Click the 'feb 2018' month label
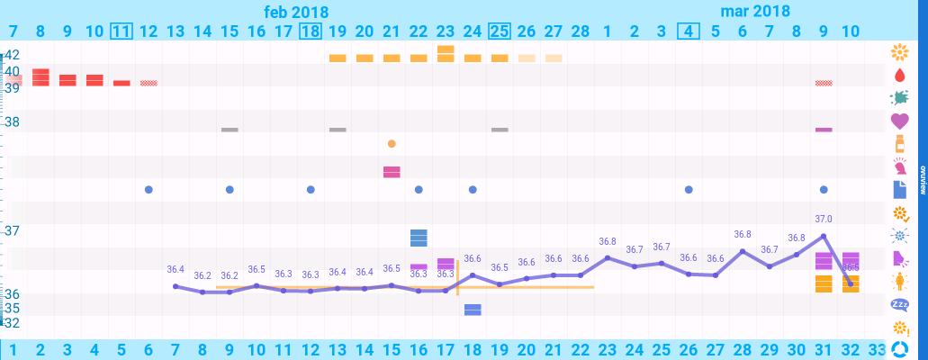296,12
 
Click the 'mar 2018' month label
755,12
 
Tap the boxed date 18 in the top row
311,31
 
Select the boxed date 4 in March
689,31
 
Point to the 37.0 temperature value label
824,219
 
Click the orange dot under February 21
392,143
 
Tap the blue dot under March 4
689,190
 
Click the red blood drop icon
899,75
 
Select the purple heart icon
899,121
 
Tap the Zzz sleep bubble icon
899,304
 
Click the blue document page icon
899,190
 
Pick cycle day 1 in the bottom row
14,349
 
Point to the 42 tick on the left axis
13,54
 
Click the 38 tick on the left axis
13,121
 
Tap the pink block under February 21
392,172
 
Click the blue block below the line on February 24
473,310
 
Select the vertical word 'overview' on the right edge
923,180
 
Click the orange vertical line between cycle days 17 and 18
458,277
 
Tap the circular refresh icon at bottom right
899,349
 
